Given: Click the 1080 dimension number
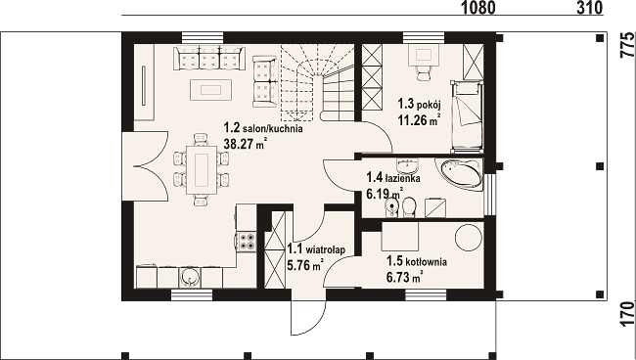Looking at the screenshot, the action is (478, 7).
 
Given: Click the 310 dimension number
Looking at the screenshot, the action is (589, 7).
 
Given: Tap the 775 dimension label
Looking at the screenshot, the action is (627, 45).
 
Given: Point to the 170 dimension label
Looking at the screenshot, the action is (627, 313).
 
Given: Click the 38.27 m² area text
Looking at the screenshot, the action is (246, 144).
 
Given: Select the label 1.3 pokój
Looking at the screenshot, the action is (419, 105).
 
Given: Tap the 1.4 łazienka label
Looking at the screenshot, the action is (393, 178).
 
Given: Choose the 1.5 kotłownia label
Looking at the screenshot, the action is (417, 261).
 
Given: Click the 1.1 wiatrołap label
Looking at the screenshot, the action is (316, 249).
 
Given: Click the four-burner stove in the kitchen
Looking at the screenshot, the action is (247, 242).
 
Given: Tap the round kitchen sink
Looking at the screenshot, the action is (189, 277).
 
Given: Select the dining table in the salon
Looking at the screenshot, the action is (202, 170).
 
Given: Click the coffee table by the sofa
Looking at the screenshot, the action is (211, 90).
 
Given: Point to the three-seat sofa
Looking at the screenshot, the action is (209, 58).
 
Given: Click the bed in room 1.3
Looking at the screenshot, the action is (467, 116).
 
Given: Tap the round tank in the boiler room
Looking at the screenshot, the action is (469, 238).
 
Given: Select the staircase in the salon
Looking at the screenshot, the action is (318, 83).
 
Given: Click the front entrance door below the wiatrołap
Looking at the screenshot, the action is (308, 317).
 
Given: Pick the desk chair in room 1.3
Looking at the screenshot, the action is (423, 73).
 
